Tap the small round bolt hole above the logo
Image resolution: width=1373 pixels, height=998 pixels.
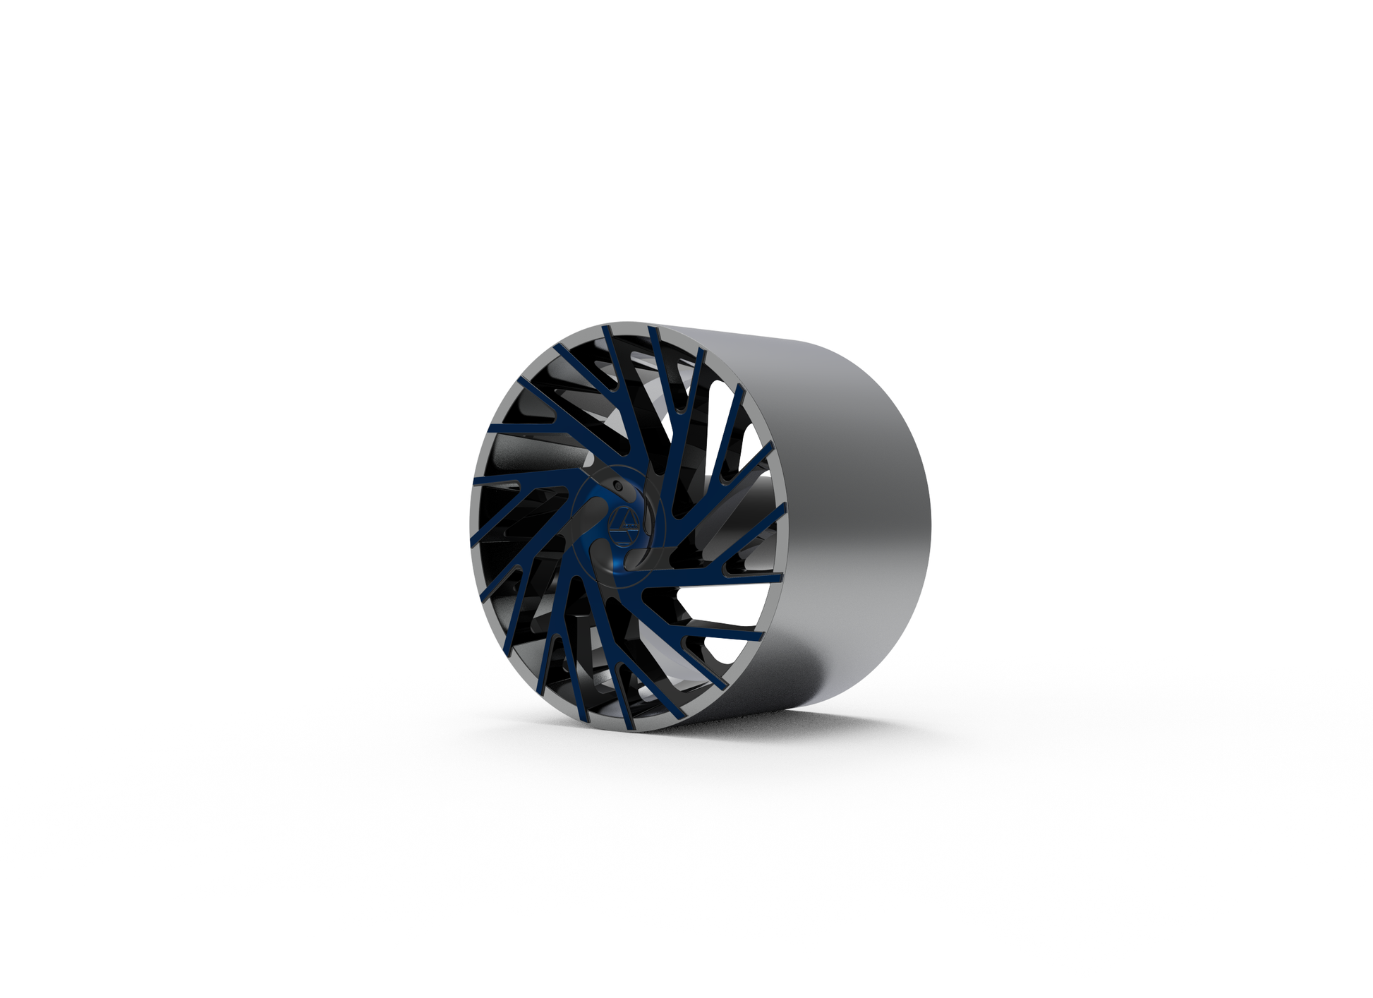click(618, 486)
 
